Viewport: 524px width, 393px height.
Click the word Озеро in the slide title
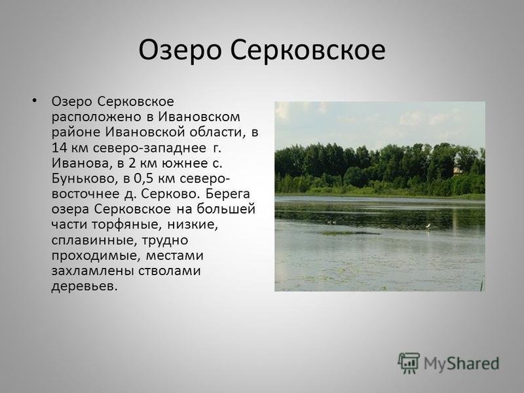point(179,51)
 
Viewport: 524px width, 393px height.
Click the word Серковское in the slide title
point(307,50)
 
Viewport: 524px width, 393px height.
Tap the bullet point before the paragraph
point(35,100)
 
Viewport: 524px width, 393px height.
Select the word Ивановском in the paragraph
point(199,117)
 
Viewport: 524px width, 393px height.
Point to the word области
point(219,132)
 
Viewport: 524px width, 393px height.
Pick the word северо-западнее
point(149,149)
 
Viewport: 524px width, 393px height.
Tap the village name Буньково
point(85,179)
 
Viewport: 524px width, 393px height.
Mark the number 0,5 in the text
point(143,179)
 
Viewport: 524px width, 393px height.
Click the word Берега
point(228,194)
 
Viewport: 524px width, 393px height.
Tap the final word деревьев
point(85,286)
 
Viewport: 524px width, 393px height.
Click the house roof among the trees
point(457,170)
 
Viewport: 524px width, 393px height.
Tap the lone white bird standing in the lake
point(428,227)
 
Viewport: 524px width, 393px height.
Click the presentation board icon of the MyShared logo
point(409,363)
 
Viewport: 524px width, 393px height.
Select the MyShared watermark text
point(462,364)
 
